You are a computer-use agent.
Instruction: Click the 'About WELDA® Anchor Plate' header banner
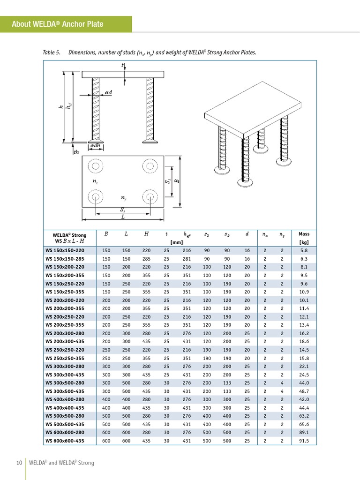[66, 24]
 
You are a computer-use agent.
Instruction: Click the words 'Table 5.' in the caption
[52, 52]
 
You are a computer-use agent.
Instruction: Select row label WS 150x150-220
[65, 250]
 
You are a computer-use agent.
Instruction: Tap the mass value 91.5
[304, 441]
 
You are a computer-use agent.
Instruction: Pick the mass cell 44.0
[304, 383]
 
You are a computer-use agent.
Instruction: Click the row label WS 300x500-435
[65, 391]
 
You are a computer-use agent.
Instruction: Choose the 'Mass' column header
[304, 234]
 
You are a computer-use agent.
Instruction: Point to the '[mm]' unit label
[177, 242]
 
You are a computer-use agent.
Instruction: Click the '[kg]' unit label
[304, 242]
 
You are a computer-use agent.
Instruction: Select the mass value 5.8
[304, 250]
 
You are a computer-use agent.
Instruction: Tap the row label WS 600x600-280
[65, 433]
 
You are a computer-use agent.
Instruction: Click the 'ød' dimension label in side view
[108, 93]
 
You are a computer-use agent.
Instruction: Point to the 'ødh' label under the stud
[96, 146]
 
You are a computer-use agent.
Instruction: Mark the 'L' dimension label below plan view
[123, 217]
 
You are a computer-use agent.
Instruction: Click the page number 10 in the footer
[19, 463]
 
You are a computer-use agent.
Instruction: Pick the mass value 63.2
[304, 416]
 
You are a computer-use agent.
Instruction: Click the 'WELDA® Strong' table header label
[69, 235]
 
